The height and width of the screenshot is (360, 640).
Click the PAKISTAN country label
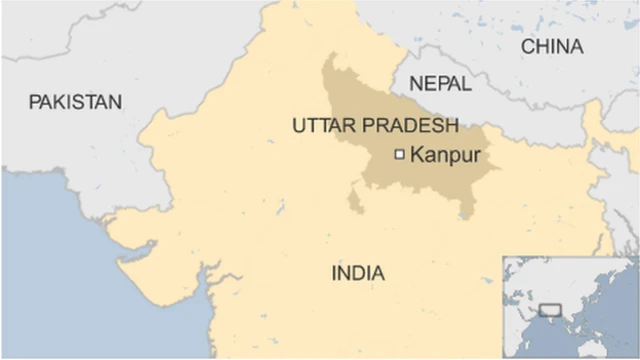[75, 101]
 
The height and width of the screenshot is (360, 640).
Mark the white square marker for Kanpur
[400, 154]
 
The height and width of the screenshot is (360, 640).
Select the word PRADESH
[413, 126]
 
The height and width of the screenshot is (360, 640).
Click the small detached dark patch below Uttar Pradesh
[355, 202]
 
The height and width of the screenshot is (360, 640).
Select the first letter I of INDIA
[334, 272]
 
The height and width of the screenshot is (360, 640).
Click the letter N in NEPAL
[415, 82]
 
